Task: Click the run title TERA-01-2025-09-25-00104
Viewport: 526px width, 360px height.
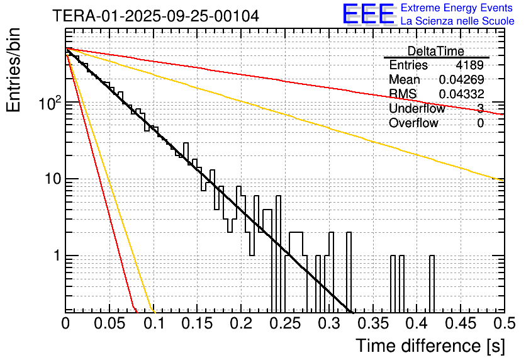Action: tap(155, 16)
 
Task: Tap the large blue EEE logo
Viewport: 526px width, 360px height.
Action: tap(368, 14)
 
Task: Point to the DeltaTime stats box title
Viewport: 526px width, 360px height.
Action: tap(436, 51)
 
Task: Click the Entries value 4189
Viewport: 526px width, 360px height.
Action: tap(470, 65)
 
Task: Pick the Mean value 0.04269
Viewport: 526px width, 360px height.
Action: tap(461, 80)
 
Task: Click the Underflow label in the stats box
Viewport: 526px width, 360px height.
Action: tap(417, 109)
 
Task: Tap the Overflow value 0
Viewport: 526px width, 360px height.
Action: tap(480, 123)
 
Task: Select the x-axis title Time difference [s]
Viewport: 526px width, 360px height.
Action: tap(428, 346)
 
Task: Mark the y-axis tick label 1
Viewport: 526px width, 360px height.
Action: tap(55, 256)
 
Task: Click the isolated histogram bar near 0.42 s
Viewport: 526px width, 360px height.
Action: tap(432, 283)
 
